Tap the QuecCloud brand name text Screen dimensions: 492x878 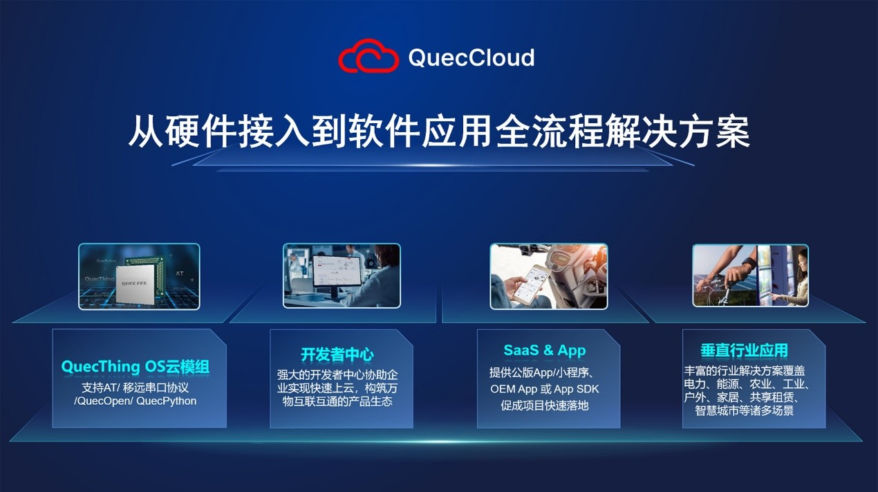click(471, 57)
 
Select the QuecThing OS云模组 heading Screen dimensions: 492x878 click(135, 367)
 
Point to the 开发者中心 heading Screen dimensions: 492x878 click(337, 355)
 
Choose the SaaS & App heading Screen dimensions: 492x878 click(545, 350)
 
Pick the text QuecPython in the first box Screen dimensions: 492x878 click(166, 401)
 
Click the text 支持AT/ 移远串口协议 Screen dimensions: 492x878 click(136, 388)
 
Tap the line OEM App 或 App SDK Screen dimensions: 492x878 click(545, 389)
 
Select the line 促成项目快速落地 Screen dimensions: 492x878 click(545, 406)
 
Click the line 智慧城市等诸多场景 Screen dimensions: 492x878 click(745, 410)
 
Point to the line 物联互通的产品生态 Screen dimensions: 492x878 click(337, 401)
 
